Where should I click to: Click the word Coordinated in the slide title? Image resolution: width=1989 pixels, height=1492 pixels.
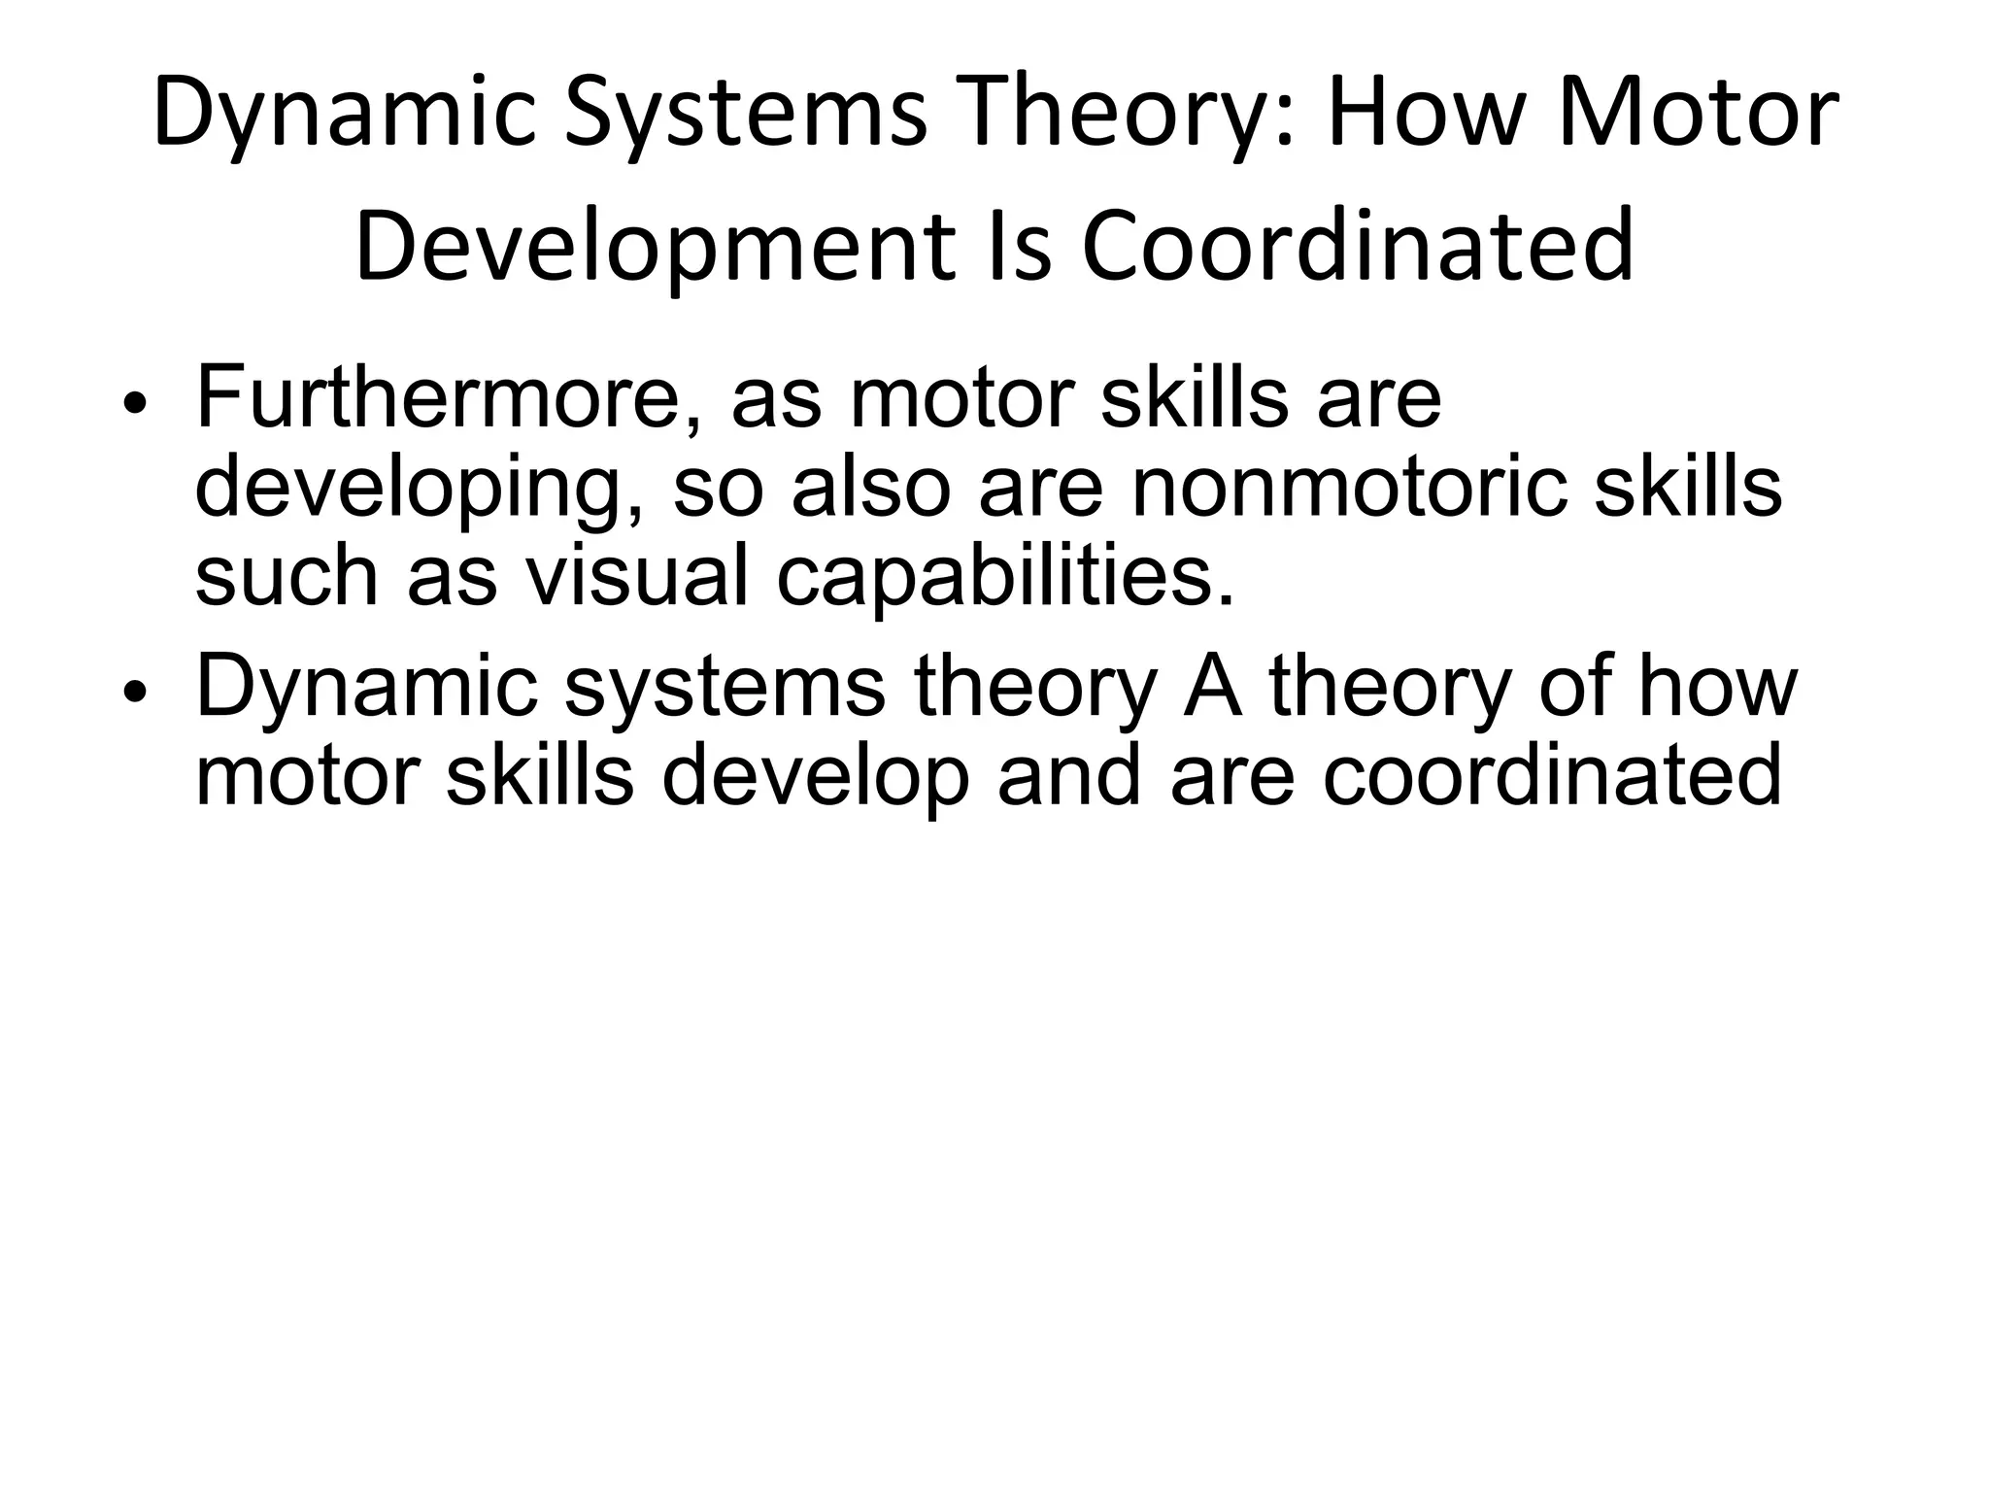[1358, 247]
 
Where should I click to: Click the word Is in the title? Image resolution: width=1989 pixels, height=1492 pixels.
[1019, 247]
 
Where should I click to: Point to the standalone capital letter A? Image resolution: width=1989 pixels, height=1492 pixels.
[1213, 687]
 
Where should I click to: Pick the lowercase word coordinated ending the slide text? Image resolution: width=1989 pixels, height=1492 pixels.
[1551, 776]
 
